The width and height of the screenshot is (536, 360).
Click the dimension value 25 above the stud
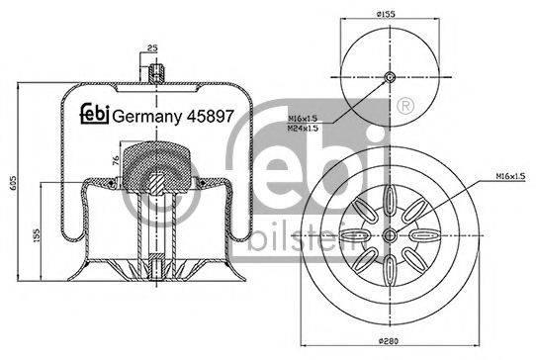click(x=151, y=46)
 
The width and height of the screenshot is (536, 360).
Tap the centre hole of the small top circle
click(x=390, y=79)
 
